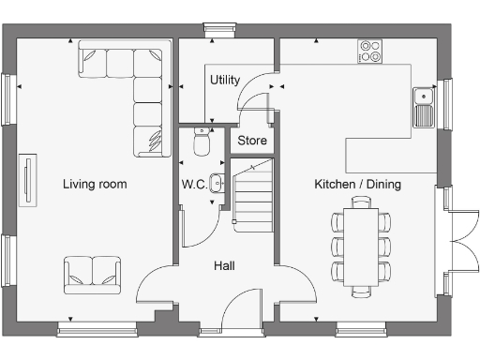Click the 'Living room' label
click(x=95, y=184)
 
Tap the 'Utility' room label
click(x=225, y=79)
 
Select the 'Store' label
click(x=251, y=141)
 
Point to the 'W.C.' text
click(x=194, y=184)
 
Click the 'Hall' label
click(x=224, y=266)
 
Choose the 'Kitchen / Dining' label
click(x=357, y=184)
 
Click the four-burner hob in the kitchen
click(x=369, y=51)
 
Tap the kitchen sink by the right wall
click(x=424, y=106)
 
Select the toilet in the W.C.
click(x=200, y=142)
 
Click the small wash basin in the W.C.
click(x=217, y=183)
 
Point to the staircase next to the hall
click(x=251, y=194)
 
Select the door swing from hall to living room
click(x=155, y=285)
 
